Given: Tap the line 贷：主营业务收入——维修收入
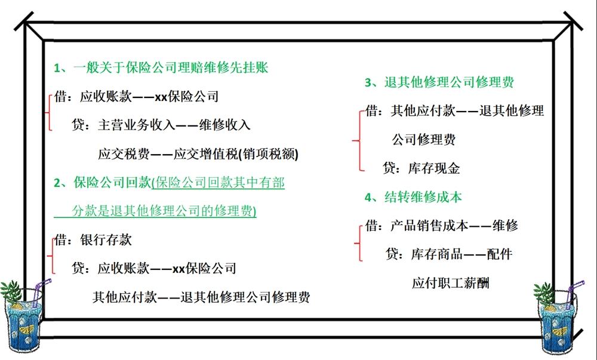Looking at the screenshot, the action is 160,125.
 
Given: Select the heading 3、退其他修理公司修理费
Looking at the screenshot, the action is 440,82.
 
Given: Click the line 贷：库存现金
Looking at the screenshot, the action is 421,168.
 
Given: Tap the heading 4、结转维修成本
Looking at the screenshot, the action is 414,197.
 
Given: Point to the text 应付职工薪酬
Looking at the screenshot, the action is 450,283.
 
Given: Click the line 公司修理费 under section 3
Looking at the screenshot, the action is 424,140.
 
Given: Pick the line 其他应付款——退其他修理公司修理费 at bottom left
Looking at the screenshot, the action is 201,297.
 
